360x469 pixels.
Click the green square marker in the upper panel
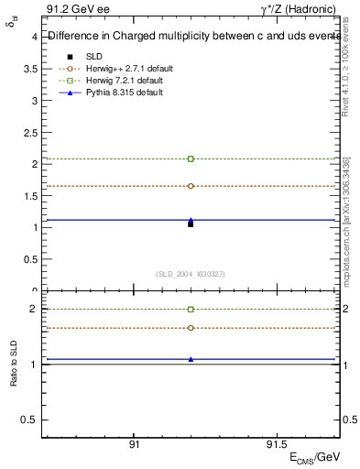click(x=191, y=158)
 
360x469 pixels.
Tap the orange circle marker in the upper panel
click(x=191, y=186)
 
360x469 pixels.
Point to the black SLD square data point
click(x=191, y=224)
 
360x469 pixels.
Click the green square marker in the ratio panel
click(x=191, y=310)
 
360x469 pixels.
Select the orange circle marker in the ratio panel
click(x=191, y=328)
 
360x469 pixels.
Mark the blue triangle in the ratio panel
click(x=191, y=359)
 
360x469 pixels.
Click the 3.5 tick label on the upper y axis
click(x=31, y=69)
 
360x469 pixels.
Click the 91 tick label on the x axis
click(x=134, y=444)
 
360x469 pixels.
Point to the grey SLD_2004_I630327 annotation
click(x=191, y=274)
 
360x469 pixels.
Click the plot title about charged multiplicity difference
click(x=192, y=37)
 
